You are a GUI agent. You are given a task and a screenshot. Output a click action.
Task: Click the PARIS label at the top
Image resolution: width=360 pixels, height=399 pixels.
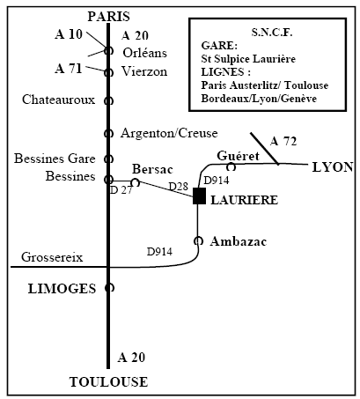tap(109, 17)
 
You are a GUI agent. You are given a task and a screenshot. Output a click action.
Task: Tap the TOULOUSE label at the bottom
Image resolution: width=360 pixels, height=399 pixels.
tap(108, 382)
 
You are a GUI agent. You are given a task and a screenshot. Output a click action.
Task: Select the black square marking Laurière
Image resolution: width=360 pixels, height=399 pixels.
tap(199, 196)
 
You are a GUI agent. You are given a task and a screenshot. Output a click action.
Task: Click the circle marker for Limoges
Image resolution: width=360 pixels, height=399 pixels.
tap(109, 288)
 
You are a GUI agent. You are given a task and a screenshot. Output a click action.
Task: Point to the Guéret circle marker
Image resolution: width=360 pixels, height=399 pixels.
tap(231, 166)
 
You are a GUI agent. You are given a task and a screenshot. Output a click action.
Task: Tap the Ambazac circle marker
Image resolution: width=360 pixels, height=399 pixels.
tap(199, 240)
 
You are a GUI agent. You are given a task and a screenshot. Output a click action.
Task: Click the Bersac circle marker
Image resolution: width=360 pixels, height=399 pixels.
tap(135, 182)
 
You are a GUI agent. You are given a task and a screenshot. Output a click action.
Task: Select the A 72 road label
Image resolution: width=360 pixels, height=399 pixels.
tap(283, 142)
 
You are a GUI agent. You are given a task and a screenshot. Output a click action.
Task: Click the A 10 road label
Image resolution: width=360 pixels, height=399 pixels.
tap(69, 34)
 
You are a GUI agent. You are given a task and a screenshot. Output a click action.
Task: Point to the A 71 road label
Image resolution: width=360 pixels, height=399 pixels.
tap(69, 69)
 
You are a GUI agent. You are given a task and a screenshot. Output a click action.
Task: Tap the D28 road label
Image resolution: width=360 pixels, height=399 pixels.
tap(178, 186)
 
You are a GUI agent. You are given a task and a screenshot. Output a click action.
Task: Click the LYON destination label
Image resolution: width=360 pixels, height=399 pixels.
tap(333, 167)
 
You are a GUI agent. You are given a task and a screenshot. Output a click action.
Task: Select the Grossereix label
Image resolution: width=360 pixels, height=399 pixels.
tap(52, 257)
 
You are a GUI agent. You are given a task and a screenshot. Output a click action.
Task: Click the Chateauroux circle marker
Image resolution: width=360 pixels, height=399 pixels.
tap(108, 100)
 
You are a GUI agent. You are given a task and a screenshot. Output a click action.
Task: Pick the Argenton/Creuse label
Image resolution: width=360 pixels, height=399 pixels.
tap(169, 133)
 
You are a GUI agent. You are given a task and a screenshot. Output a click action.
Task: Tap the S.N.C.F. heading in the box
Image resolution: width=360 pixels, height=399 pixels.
tap(272, 33)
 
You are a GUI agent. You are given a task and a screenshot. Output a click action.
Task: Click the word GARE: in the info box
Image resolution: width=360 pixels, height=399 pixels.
tap(219, 46)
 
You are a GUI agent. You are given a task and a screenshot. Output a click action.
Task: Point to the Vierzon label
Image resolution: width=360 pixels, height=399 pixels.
tap(144, 71)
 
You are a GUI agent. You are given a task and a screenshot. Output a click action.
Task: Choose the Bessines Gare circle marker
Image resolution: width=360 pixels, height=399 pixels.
tap(108, 159)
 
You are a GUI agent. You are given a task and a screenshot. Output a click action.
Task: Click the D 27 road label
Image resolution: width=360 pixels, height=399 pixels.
tap(121, 190)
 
